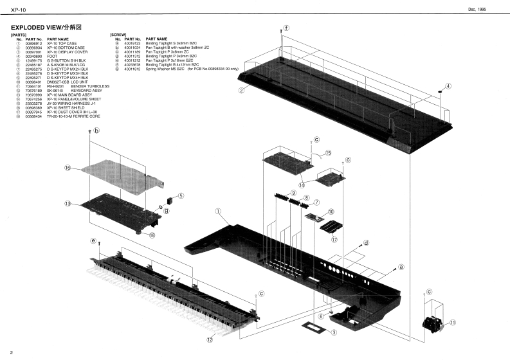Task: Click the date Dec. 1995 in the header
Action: (x=486, y=8)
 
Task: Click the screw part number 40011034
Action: (x=132, y=47)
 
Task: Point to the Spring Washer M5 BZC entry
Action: (x=165, y=69)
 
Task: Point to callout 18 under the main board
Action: (x=152, y=235)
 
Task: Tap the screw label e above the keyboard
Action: (x=93, y=241)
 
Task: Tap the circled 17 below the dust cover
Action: (x=334, y=240)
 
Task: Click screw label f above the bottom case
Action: (x=286, y=28)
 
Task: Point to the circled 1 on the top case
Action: (x=218, y=210)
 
